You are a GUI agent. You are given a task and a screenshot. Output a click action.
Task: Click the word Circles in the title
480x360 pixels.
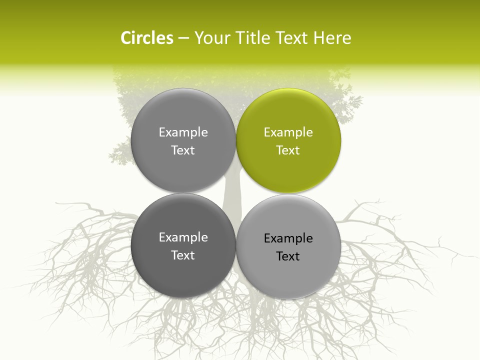146,38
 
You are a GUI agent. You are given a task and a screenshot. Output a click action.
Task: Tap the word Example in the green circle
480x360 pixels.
288,132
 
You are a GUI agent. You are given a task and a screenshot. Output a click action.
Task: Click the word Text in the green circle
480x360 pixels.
288,150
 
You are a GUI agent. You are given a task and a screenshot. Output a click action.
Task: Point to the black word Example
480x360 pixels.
288,238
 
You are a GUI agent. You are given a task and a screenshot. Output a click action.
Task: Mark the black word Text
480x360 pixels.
288,256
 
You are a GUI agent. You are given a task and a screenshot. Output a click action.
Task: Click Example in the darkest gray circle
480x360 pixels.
183,237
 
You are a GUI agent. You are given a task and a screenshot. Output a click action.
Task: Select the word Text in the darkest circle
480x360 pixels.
183,255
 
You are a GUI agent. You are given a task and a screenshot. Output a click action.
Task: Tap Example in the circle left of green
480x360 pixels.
183,132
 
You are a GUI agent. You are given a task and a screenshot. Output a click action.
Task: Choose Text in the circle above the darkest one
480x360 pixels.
183,150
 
